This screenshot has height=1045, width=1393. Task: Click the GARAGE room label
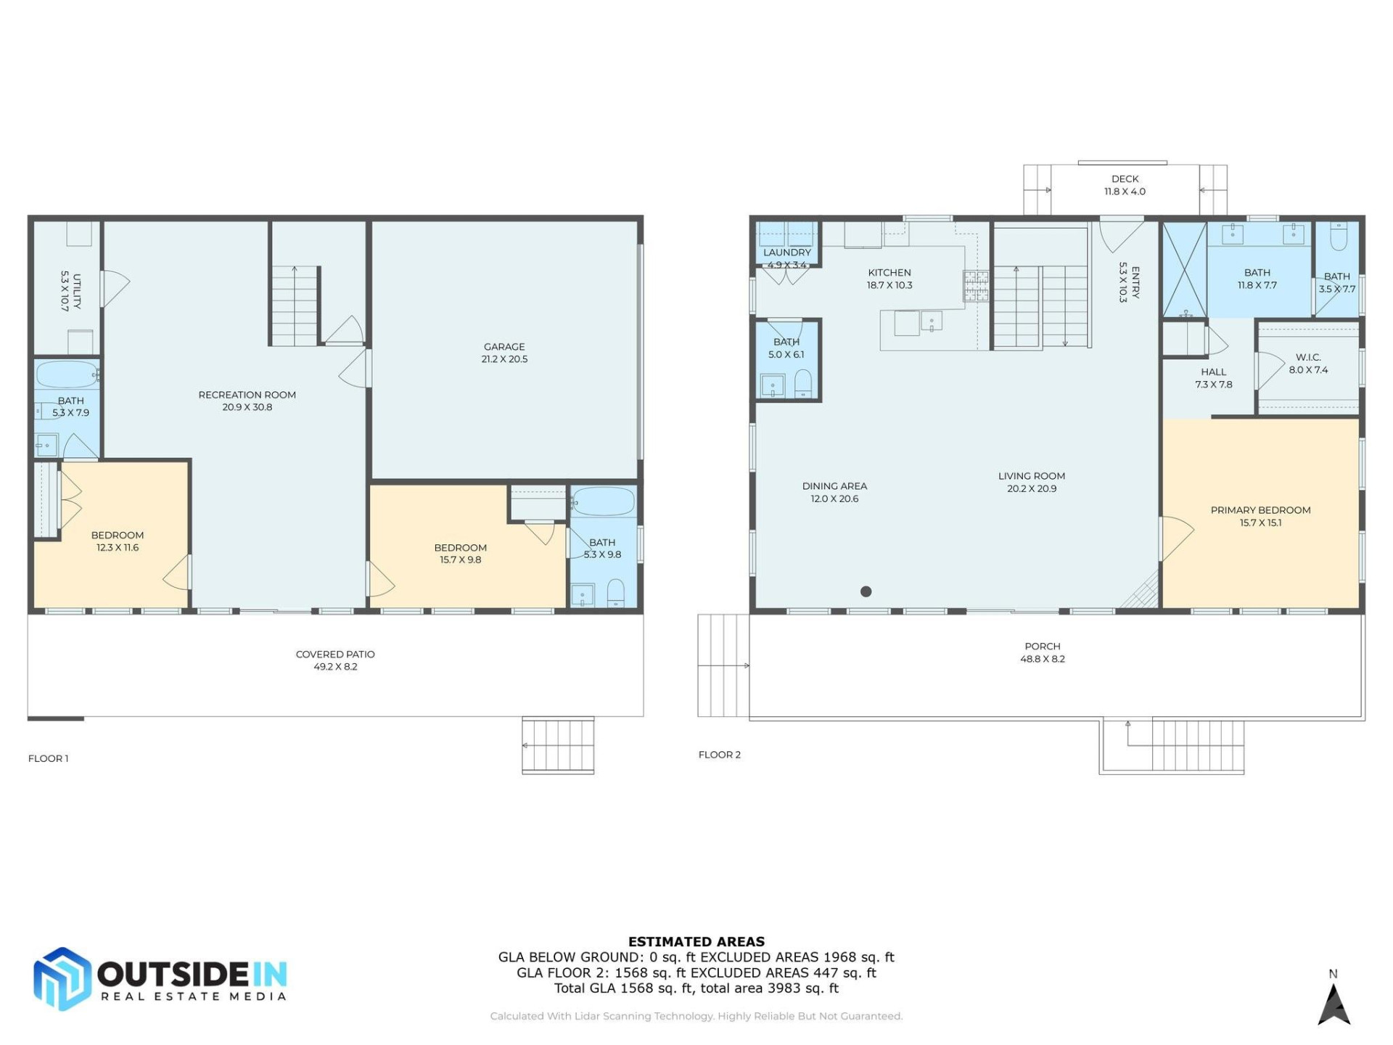(x=504, y=347)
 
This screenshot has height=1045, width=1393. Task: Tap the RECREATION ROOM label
(x=247, y=395)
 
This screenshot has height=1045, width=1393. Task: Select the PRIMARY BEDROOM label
(x=1260, y=510)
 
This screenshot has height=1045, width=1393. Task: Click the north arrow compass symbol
(x=1334, y=1005)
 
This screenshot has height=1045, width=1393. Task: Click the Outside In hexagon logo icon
(x=62, y=979)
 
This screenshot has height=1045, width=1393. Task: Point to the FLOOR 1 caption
(x=48, y=758)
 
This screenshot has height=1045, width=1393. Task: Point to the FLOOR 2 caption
(x=719, y=755)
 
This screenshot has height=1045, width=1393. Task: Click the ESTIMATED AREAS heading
(x=696, y=941)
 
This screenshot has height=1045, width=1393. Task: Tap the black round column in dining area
(x=866, y=591)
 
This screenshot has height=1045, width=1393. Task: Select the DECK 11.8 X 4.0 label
(x=1125, y=185)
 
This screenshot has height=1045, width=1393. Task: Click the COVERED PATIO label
(x=335, y=654)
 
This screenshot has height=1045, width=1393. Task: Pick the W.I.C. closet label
(x=1307, y=357)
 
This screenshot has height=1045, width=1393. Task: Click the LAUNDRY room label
(x=786, y=253)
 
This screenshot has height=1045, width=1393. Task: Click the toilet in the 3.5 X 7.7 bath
(x=1339, y=237)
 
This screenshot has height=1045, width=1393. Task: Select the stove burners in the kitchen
(x=975, y=286)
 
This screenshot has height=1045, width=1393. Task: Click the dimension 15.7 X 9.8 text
(x=460, y=560)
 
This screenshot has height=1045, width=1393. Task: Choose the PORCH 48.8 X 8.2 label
(x=1042, y=652)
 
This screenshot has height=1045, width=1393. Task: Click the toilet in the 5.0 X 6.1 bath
(x=803, y=382)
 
